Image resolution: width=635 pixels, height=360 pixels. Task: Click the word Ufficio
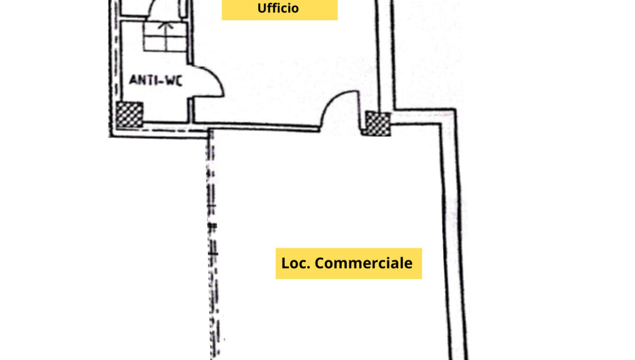278,8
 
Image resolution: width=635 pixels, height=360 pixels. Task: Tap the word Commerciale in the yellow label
364,263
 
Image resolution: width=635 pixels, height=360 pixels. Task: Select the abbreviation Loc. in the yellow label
296,263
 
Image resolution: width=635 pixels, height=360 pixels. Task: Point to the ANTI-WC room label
156,80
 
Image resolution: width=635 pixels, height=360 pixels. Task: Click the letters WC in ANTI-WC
174,80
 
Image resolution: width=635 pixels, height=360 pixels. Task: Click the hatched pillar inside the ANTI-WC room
129,114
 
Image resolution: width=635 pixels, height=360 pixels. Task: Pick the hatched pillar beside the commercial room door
377,124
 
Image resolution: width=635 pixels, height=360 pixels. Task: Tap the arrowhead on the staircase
166,25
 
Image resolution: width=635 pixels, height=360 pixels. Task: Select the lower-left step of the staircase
155,44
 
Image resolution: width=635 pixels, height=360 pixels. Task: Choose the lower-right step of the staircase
176,44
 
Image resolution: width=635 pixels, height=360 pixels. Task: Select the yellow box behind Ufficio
279,10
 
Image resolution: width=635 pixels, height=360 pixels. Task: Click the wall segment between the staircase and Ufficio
190,31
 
